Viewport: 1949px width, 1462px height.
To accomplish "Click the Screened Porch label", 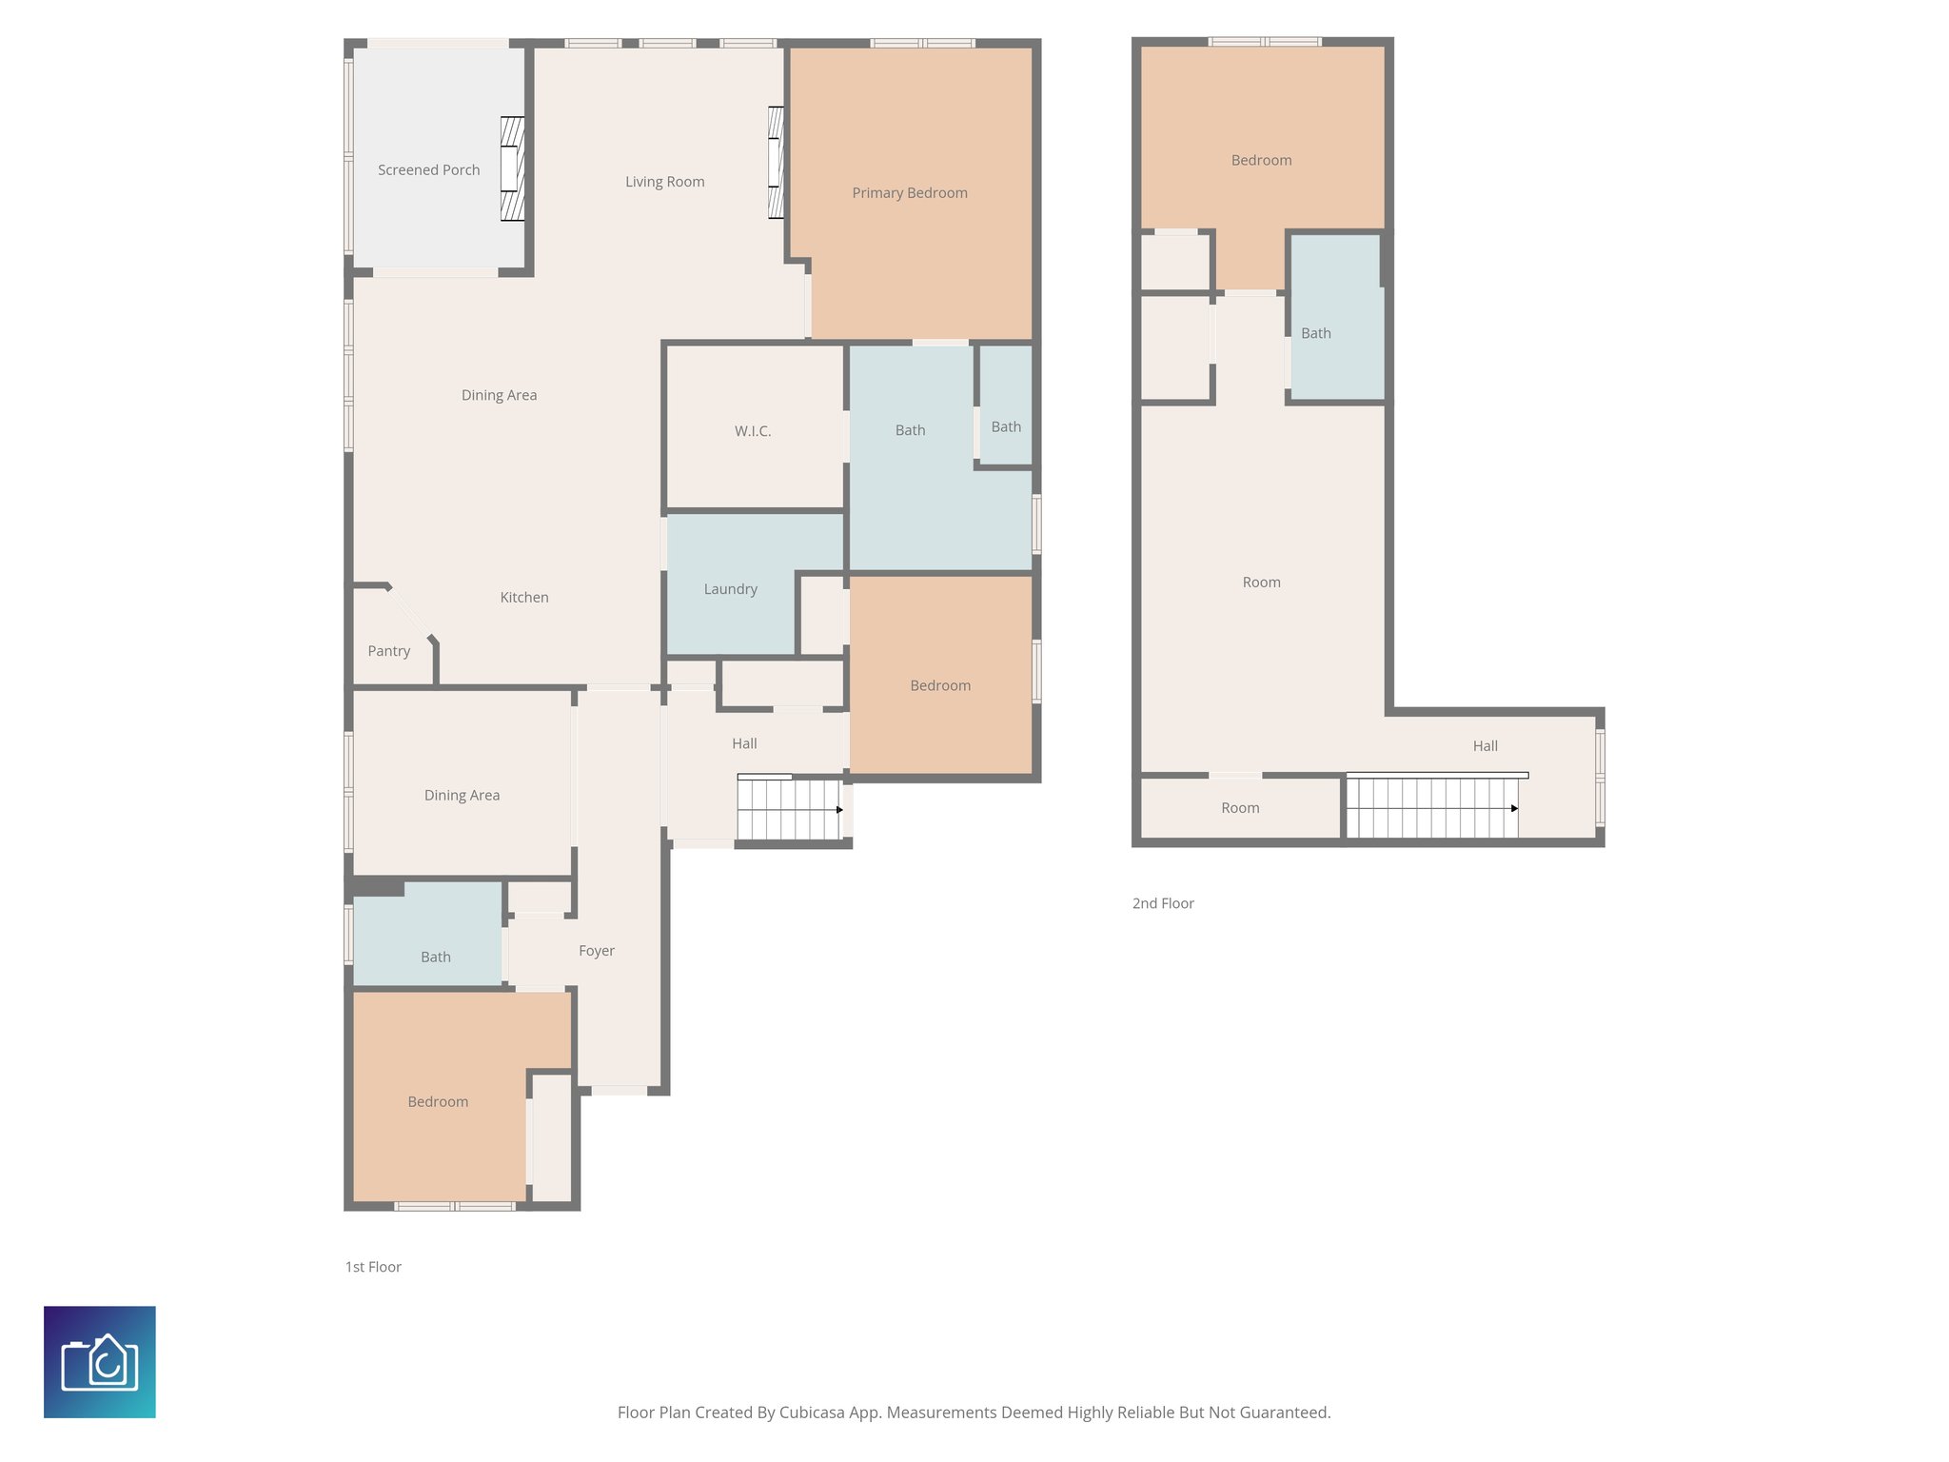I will [x=428, y=170].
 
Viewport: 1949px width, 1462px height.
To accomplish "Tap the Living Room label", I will [x=664, y=182].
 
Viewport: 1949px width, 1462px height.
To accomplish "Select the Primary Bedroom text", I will [x=909, y=193].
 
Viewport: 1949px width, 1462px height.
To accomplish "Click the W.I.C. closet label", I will [x=752, y=431].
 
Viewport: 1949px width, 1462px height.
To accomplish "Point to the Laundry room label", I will [x=730, y=589].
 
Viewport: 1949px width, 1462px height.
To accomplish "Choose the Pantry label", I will [x=388, y=651].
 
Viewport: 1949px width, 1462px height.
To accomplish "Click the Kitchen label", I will [x=523, y=598].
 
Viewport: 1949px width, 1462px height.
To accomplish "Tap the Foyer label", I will [x=596, y=951].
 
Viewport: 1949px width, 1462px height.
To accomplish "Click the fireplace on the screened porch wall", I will [x=513, y=169].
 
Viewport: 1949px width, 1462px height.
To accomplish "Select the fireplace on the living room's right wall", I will [x=777, y=163].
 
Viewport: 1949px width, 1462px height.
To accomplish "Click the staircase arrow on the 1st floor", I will [x=839, y=810].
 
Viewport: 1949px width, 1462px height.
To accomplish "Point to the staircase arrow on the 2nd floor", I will [x=1514, y=809].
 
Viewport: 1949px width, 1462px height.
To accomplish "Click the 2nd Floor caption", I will [x=1162, y=903].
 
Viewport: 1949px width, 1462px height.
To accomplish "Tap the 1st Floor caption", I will [x=372, y=1267].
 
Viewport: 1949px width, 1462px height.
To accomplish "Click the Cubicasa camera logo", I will [x=100, y=1362].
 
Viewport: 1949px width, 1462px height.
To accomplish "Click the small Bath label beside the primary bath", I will [x=1005, y=427].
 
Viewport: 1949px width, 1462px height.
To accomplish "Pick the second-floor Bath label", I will [x=1315, y=333].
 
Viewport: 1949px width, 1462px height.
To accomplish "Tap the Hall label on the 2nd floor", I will [x=1485, y=746].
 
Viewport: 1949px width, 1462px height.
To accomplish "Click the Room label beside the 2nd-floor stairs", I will [x=1239, y=808].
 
